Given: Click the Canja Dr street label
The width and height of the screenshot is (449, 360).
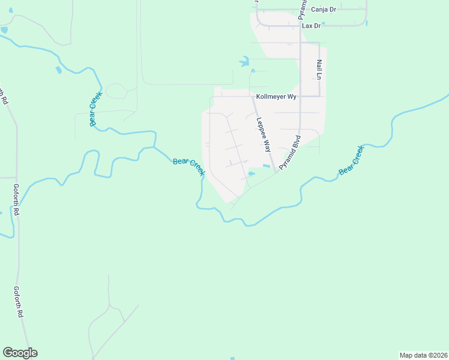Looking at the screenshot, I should tap(324, 9).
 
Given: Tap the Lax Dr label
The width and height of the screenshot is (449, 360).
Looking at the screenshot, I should tap(312, 26).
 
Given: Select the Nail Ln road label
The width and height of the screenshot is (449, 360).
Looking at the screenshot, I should tap(320, 70).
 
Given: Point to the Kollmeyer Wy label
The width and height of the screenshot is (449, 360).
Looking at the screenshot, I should tap(276, 96).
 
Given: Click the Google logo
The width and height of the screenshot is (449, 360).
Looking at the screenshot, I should tap(20, 353).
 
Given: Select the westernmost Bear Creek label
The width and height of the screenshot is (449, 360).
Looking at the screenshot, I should tap(96, 109).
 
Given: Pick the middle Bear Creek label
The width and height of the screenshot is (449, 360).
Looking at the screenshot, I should tap(188, 167).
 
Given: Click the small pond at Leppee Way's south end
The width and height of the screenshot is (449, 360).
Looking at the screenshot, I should tap(252, 174).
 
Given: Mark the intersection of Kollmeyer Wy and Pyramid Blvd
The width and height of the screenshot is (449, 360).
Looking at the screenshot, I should tap(300, 96).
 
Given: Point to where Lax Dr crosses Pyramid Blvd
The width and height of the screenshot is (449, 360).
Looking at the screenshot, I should tap(300, 26).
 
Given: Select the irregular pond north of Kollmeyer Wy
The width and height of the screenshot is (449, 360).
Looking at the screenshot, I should tap(244, 61).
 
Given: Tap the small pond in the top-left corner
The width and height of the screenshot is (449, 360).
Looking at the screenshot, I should tap(5, 29).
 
